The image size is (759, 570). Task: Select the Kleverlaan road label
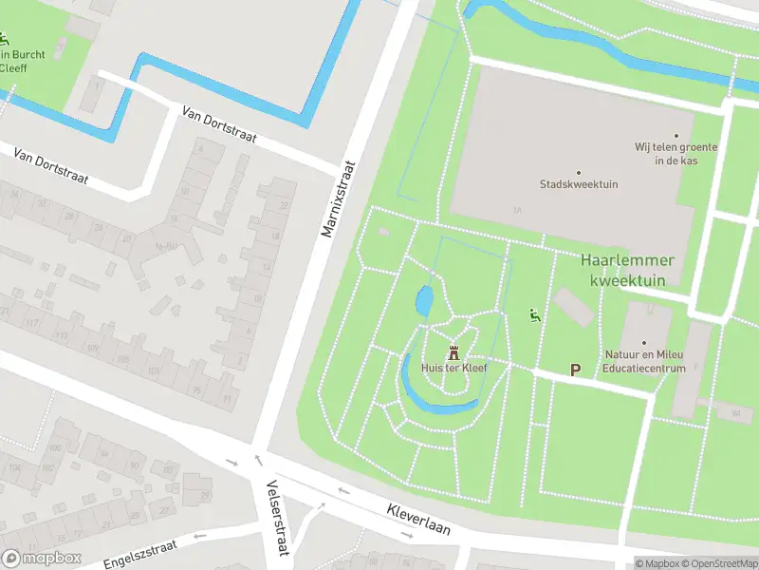(x=418, y=519)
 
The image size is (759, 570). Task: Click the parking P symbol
(x=575, y=370)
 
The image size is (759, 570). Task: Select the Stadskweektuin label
(x=579, y=184)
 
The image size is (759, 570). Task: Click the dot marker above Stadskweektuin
(x=579, y=172)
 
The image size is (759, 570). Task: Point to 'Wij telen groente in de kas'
(x=676, y=154)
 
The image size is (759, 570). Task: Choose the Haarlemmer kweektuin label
(x=627, y=270)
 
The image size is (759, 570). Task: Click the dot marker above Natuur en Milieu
(x=644, y=343)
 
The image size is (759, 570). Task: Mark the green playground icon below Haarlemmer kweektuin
(x=533, y=315)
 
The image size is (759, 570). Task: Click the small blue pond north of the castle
(x=424, y=301)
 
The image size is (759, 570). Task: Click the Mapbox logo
(x=42, y=559)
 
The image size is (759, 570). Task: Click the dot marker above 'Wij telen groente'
(x=676, y=136)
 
